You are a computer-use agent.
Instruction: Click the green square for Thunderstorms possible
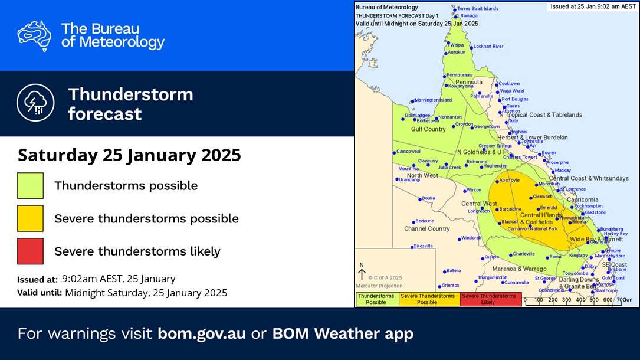tap(31, 185)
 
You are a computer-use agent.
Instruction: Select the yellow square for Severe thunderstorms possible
tap(31, 218)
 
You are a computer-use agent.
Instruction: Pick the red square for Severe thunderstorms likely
tap(31, 251)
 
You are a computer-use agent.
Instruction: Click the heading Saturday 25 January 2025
tap(129, 155)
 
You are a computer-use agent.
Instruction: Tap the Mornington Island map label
tap(432, 100)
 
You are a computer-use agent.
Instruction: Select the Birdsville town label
tap(424, 246)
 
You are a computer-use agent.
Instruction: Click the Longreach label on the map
tap(478, 211)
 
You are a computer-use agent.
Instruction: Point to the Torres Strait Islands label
tap(478, 9)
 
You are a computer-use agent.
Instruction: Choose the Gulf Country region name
tap(428, 129)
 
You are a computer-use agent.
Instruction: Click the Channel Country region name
tap(426, 228)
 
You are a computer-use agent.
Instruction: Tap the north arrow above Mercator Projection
tap(362, 273)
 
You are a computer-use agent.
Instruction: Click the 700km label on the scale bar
tap(624, 300)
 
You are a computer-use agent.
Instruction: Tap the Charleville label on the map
tap(523, 254)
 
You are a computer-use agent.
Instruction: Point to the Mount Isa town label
tap(407, 169)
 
